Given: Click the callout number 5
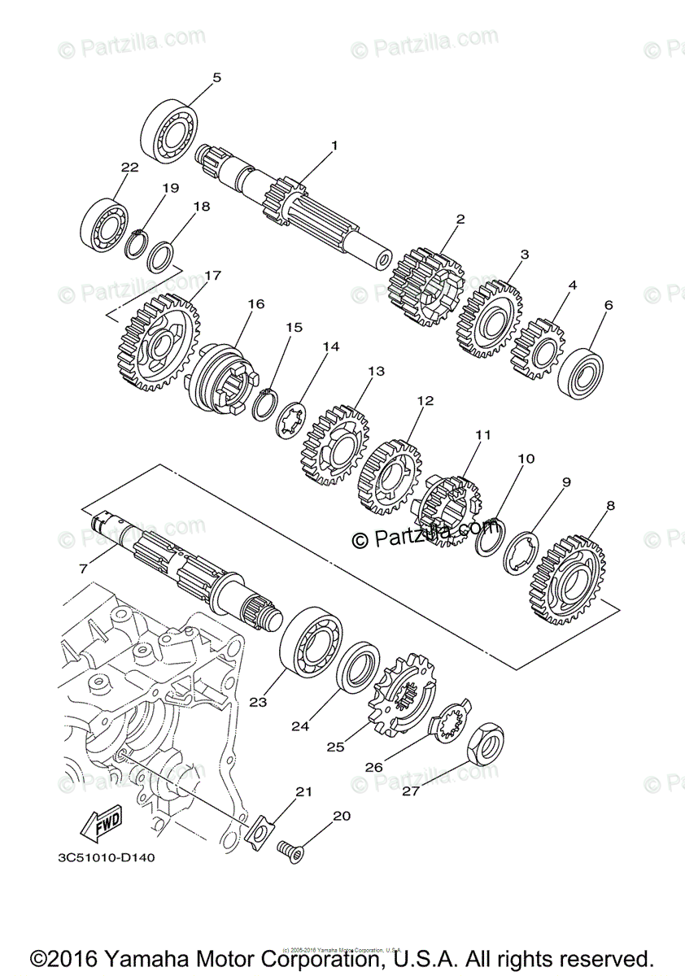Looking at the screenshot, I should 216,78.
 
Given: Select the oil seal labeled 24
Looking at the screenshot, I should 359,663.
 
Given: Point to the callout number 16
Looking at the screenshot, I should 256,304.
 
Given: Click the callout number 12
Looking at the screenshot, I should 425,401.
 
